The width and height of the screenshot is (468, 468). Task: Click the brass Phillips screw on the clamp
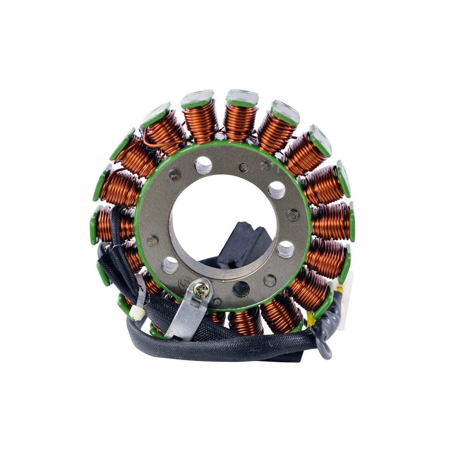click(204, 289)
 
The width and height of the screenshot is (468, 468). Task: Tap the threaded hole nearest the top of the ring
click(203, 165)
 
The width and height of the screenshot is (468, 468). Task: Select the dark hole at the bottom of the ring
click(241, 289)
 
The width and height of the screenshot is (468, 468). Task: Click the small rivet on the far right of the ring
click(293, 215)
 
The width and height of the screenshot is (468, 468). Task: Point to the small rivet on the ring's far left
click(152, 241)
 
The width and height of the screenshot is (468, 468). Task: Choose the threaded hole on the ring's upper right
click(277, 190)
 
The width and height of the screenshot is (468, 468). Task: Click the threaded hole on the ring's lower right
click(286, 249)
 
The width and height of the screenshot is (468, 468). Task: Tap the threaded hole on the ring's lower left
click(170, 265)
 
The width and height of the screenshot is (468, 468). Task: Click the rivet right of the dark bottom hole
click(269, 279)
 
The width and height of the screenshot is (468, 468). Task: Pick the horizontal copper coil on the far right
click(331, 221)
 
